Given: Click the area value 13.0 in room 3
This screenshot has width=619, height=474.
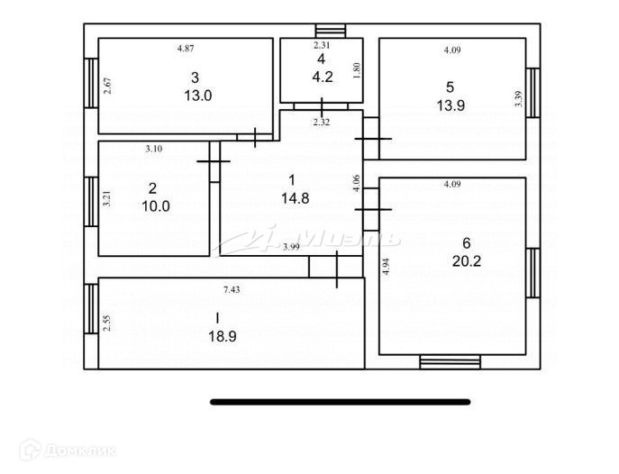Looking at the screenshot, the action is click(198, 96).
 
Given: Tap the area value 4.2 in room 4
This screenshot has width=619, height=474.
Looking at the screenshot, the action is click(323, 77).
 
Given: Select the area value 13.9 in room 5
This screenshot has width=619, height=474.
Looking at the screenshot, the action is click(451, 105).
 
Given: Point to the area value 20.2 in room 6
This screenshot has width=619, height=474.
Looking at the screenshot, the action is click(466, 260).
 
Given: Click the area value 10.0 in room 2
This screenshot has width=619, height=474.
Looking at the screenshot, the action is click(156, 205).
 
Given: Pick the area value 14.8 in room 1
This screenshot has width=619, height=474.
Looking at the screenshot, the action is click(296, 197).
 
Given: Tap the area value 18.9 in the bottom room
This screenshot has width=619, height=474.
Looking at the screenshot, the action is click(223, 336).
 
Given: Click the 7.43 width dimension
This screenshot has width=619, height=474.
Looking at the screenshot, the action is click(232, 289).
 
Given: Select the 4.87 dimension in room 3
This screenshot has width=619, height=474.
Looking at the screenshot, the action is click(186, 49).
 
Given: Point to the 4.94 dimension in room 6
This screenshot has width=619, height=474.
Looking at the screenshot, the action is click(387, 266).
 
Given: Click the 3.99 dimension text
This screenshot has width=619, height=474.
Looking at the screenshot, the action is click(291, 247).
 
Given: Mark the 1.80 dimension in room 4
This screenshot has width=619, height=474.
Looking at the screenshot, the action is click(357, 71).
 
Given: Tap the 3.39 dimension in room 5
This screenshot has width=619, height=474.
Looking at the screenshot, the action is click(519, 98).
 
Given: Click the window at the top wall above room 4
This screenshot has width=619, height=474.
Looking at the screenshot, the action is click(331, 31).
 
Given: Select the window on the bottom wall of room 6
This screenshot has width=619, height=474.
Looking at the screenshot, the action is click(450, 362).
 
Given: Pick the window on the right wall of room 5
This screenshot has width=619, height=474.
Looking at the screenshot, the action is click(533, 93).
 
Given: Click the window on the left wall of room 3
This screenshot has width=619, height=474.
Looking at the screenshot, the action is click(91, 83).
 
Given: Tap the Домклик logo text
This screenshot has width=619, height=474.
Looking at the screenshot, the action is click(80, 451).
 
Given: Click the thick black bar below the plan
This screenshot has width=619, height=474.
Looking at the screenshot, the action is click(341, 402).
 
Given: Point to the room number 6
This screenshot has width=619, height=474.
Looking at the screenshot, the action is click(467, 243).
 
